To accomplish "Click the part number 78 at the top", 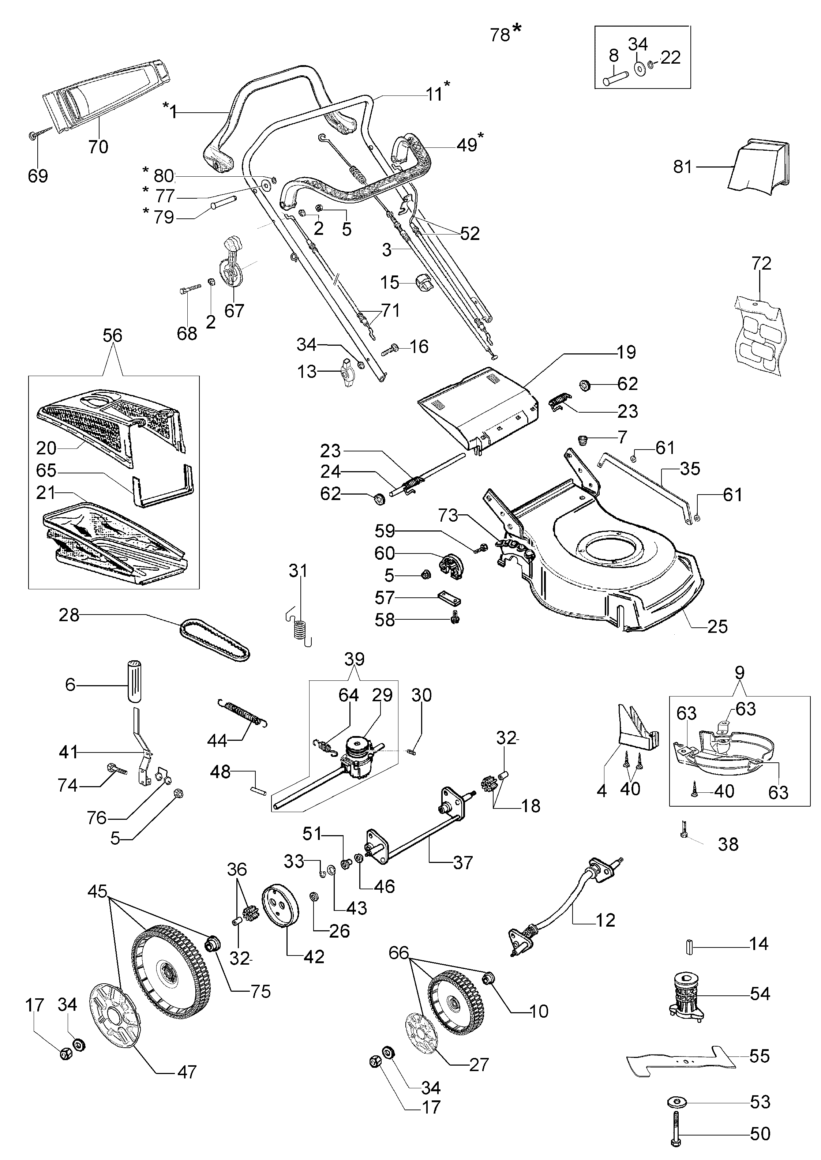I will click(500, 35).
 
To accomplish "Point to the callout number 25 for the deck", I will click(717, 627).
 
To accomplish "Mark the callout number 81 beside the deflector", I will click(682, 166).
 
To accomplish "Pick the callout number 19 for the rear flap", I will click(626, 352).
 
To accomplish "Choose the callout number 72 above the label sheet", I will click(761, 263).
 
